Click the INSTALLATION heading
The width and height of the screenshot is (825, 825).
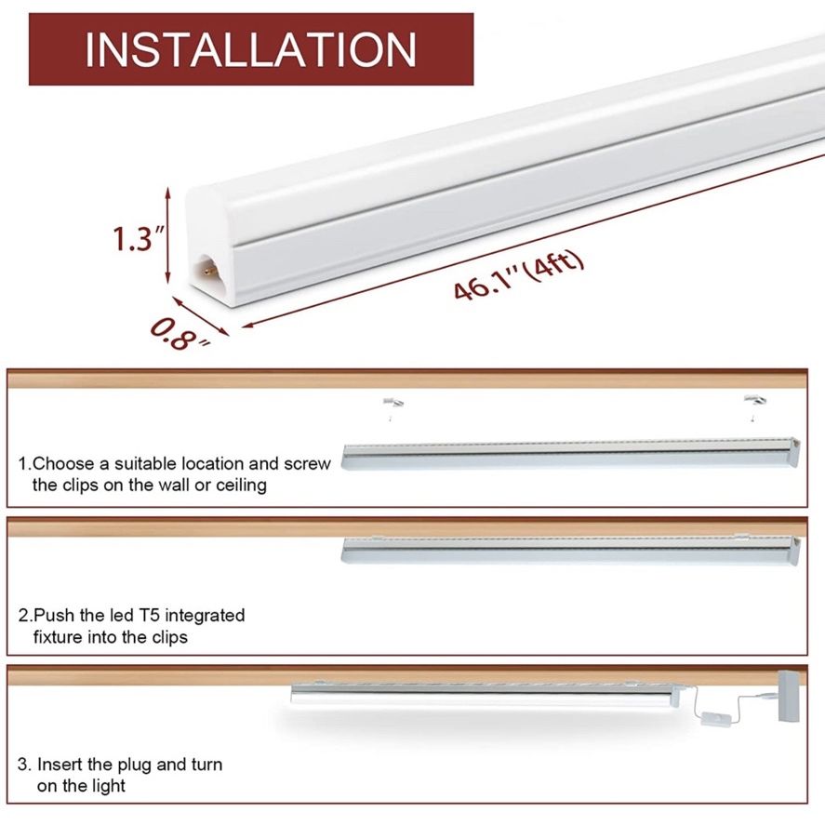pyautogui.click(x=250, y=49)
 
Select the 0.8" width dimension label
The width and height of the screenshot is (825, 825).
pyautogui.click(x=179, y=335)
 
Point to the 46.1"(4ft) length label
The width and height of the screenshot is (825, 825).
pyautogui.click(x=519, y=275)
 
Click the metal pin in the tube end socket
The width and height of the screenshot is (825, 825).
pyautogui.click(x=210, y=271)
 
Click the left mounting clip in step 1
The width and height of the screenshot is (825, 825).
pyautogui.click(x=393, y=403)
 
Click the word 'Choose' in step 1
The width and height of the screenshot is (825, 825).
pyautogui.click(x=63, y=463)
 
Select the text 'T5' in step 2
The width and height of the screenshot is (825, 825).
pyautogui.click(x=149, y=615)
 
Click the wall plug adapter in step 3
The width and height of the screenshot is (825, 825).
pyautogui.click(x=789, y=695)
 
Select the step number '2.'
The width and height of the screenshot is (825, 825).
pyautogui.click(x=25, y=616)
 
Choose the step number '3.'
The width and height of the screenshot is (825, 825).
pyautogui.click(x=25, y=765)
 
